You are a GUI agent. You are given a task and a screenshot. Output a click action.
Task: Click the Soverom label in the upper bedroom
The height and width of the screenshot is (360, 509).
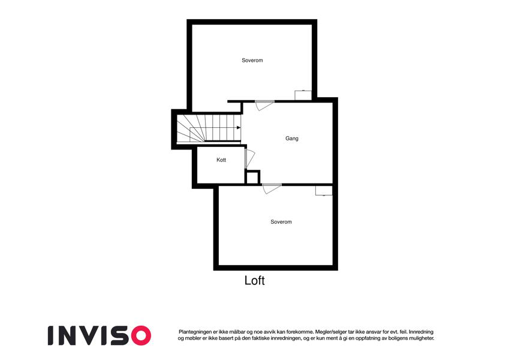(x=252, y=60)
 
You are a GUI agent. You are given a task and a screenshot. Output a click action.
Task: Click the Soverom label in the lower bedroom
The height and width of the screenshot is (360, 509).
(x=281, y=221)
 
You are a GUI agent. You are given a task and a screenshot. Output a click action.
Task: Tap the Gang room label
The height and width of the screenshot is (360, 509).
(x=292, y=139)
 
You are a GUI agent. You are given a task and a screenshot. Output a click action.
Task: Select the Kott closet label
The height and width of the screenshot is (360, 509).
(x=221, y=160)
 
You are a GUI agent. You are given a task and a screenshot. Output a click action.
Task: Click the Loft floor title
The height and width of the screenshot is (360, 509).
(x=254, y=280)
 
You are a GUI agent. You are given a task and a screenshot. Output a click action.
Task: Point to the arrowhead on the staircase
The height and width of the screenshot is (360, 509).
(x=239, y=128)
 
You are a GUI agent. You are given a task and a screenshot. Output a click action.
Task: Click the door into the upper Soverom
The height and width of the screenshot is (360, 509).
(x=264, y=105)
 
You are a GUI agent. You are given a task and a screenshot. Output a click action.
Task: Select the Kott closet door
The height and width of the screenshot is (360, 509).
(x=249, y=158)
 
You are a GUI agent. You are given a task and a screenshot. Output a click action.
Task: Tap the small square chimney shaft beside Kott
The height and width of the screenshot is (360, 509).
(x=252, y=178)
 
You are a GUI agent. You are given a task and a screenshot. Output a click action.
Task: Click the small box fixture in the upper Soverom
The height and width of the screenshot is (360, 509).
(x=303, y=95)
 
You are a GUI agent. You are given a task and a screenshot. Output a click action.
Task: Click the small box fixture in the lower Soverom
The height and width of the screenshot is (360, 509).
(x=324, y=190)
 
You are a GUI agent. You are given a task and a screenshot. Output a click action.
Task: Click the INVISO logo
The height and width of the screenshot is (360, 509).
(x=100, y=335)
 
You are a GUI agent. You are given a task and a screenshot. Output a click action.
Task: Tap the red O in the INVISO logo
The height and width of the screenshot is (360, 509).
(x=141, y=335)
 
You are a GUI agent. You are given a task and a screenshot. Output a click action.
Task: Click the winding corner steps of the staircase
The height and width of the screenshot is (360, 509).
(x=190, y=128)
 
